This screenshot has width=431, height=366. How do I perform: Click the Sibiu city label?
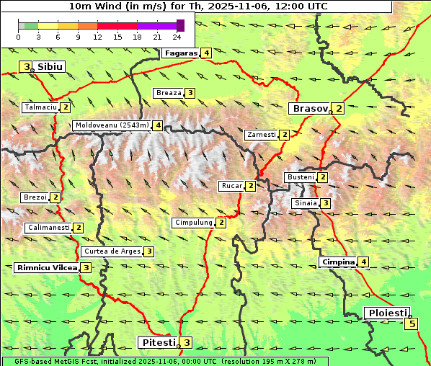pos(50,67)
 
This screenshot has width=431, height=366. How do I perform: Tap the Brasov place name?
pos(308,109)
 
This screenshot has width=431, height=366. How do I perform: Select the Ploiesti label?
pos(387,313)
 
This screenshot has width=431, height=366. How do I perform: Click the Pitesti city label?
pos(157,342)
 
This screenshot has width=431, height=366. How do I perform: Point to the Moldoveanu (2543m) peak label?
pos(112,125)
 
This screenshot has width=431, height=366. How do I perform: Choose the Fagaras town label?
pos(181,53)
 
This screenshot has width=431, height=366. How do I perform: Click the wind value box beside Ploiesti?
pos(412,323)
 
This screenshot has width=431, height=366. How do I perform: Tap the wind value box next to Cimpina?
pos(363,262)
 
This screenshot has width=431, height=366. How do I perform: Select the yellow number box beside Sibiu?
pos(27,67)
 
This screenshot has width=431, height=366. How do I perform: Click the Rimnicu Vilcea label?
pos(46,267)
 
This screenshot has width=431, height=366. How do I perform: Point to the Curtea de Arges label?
pos(111,251)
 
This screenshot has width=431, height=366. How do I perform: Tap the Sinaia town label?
pos(305,203)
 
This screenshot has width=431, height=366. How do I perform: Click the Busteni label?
pos(300,177)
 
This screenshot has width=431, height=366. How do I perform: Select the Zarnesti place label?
pos(261,135)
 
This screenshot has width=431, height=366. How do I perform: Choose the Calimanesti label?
pos(48,228)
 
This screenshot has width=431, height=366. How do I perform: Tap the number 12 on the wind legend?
pos(98,36)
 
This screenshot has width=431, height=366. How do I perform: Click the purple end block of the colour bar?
pos(180,25)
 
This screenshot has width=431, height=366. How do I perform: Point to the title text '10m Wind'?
pos(91,6)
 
